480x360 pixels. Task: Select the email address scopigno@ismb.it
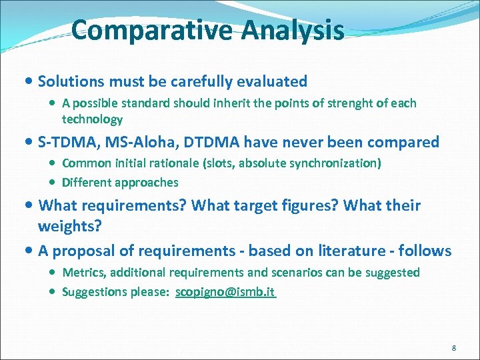tap(225, 292)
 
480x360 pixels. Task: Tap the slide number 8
tap(453, 348)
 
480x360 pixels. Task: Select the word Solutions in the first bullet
tap(71, 82)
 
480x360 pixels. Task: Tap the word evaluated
tap(270, 82)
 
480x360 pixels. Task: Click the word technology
tap(92, 120)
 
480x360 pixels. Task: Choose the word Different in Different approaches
tap(87, 183)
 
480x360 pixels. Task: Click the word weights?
tap(69, 226)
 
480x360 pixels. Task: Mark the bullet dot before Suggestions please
tap(53, 292)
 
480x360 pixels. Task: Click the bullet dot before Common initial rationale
tap(53, 163)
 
